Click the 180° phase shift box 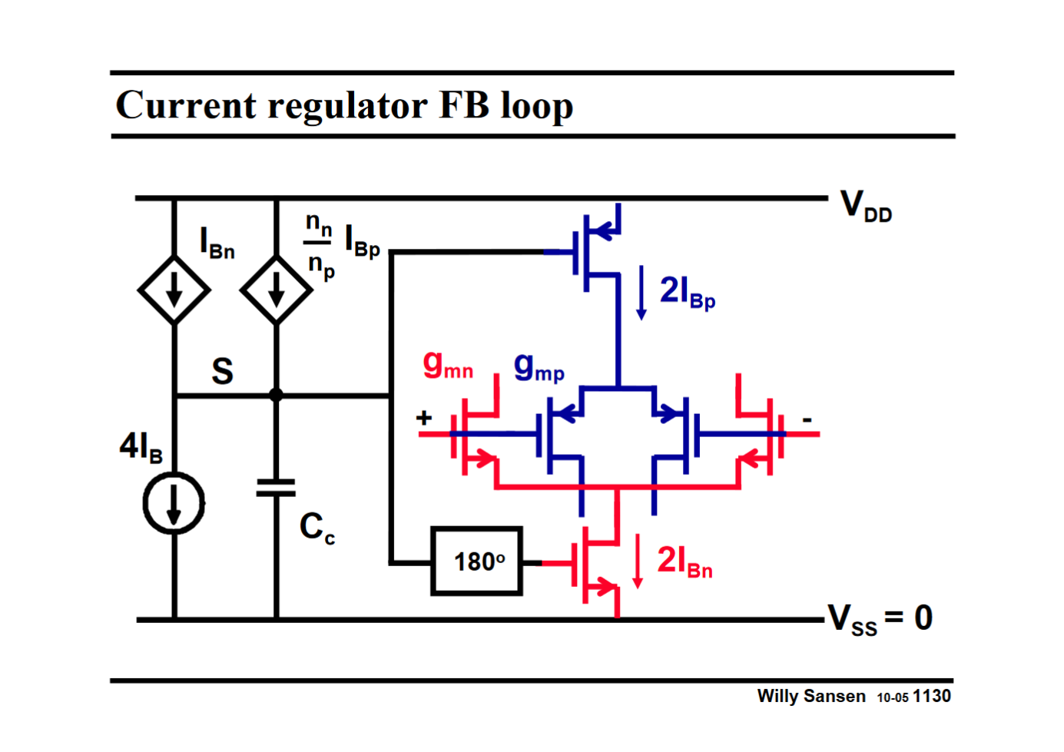pyautogui.click(x=477, y=562)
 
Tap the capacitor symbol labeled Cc pyautogui.click(x=276, y=488)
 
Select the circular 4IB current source pyautogui.click(x=174, y=504)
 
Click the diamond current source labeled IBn pyautogui.click(x=174, y=291)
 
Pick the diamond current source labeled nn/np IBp pyautogui.click(x=276, y=291)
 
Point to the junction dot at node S pyautogui.click(x=276, y=395)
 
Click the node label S pyautogui.click(x=222, y=372)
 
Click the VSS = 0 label pyautogui.click(x=880, y=618)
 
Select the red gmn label pyautogui.click(x=448, y=364)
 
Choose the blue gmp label pyautogui.click(x=539, y=366)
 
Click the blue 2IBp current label pyautogui.click(x=688, y=293)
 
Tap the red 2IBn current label pyautogui.click(x=684, y=562)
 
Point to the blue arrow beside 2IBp pyautogui.click(x=641, y=293)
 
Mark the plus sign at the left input pyautogui.click(x=424, y=418)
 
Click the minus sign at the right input pyautogui.click(x=807, y=419)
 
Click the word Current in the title pyautogui.click(x=185, y=105)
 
